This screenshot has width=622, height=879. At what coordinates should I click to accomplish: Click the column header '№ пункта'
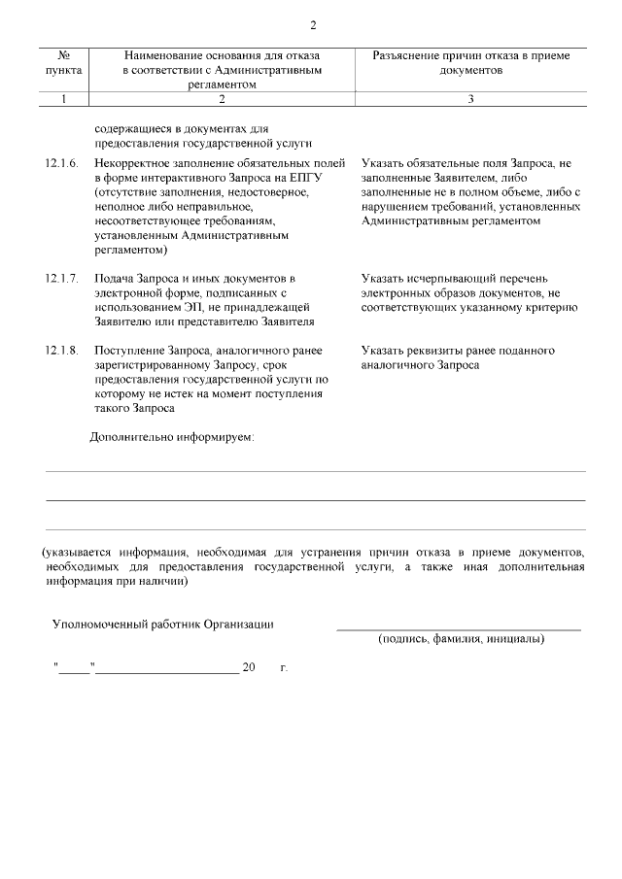pyautogui.click(x=63, y=63)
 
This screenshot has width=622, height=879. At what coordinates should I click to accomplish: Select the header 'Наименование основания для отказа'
pyautogui.click(x=221, y=56)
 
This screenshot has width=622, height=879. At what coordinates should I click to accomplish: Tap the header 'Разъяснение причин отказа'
pyautogui.click(x=471, y=56)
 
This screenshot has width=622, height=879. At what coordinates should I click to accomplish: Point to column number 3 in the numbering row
pyautogui.click(x=471, y=99)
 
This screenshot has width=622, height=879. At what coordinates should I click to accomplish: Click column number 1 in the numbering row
pyautogui.click(x=63, y=99)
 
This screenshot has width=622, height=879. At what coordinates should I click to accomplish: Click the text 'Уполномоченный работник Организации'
pyautogui.click(x=162, y=624)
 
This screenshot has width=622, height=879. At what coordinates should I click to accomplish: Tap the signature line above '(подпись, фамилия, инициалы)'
pyautogui.click(x=459, y=629)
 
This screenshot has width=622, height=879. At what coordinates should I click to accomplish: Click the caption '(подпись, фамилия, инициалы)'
pyautogui.click(x=461, y=639)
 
